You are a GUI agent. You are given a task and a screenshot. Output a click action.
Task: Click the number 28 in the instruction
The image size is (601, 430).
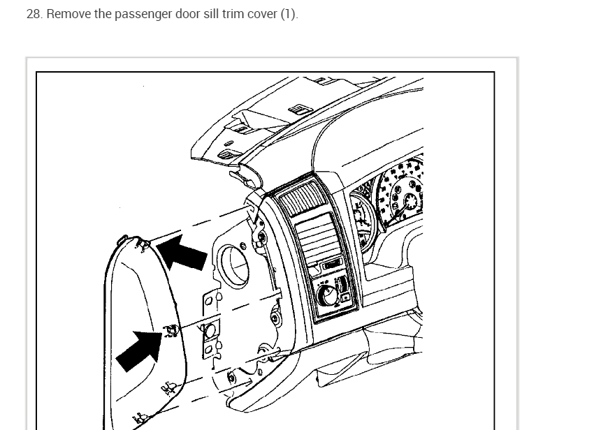(33, 14)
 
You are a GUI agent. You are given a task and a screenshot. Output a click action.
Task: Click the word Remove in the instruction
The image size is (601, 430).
(68, 14)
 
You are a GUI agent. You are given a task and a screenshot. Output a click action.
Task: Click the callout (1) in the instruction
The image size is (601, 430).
(289, 14)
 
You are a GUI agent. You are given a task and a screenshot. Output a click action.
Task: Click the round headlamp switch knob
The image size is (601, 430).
(327, 296)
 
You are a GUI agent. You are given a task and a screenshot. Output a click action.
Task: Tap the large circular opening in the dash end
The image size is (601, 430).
(234, 265)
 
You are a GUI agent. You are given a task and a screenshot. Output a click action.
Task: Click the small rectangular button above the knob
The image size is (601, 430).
(331, 264)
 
